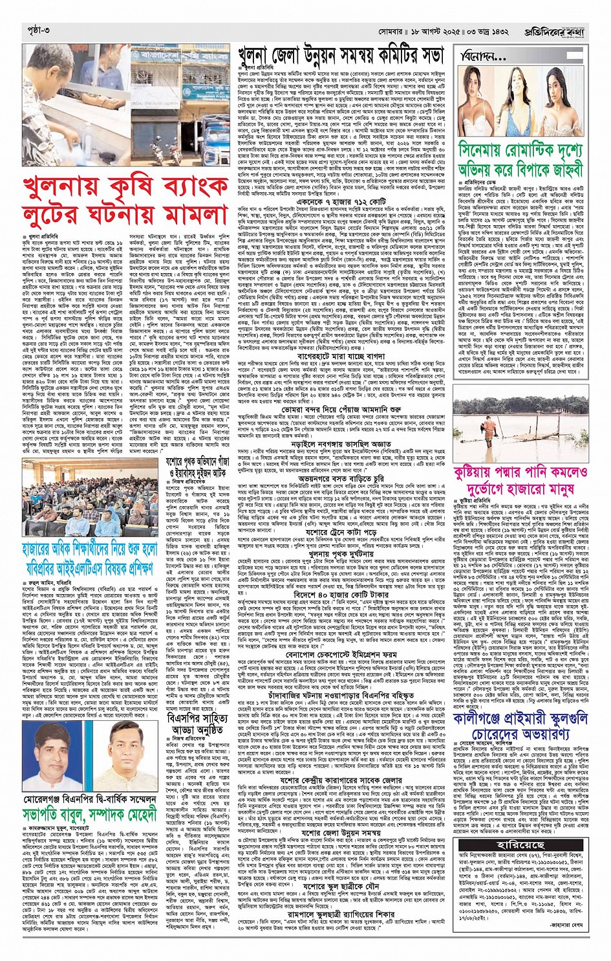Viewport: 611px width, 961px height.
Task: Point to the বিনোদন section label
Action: [483, 57]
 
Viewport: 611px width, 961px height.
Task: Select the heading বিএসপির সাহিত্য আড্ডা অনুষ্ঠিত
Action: [198, 724]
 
